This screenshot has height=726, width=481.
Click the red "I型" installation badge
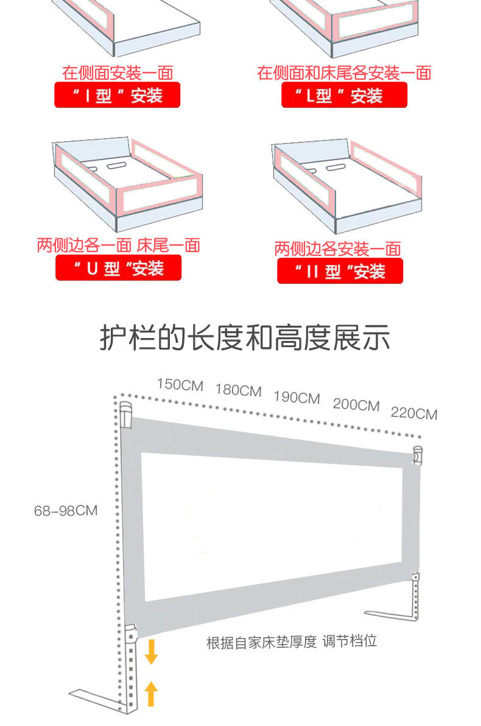pyautogui.click(x=118, y=96)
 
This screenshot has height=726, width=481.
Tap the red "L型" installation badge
pyautogui.click(x=344, y=96)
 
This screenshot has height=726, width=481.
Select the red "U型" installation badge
pyautogui.click(x=118, y=268)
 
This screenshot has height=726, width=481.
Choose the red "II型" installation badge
pyautogui.click(x=340, y=271)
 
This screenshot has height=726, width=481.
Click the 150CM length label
pyautogui.click(x=180, y=385)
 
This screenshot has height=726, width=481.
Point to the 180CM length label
pyautogui.click(x=238, y=390)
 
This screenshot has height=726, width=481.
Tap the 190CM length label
pyautogui.click(x=297, y=398)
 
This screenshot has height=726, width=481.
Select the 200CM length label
pyautogui.click(x=356, y=405)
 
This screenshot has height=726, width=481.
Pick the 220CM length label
pyautogui.click(x=414, y=414)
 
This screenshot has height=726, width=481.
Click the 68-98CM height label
pyautogui.click(x=66, y=510)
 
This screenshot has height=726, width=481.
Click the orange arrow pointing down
pyautogui.click(x=152, y=651)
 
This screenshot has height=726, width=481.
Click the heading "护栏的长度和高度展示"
pyautogui.click(x=245, y=339)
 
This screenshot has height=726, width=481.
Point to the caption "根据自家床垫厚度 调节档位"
pyautogui.click(x=292, y=642)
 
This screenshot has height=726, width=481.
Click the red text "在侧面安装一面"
pyautogui.click(x=118, y=73)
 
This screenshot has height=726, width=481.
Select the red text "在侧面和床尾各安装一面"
pyautogui.click(x=344, y=73)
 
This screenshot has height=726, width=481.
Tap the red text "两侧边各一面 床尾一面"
pyautogui.click(x=118, y=245)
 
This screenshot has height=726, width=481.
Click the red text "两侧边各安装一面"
pyautogui.click(x=337, y=248)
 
